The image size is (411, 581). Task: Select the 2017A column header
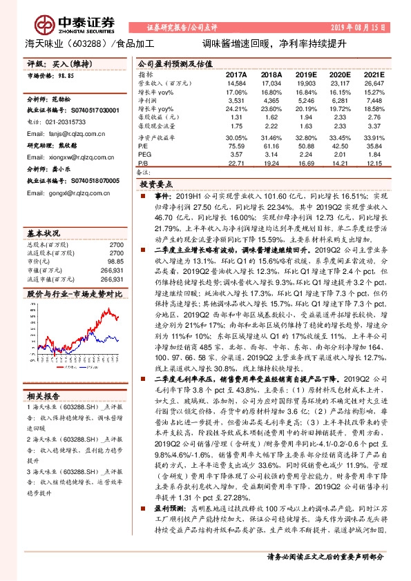tap(237, 74)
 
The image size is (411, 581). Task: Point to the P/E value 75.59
tap(237, 146)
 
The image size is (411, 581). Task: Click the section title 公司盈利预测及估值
tap(169, 63)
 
